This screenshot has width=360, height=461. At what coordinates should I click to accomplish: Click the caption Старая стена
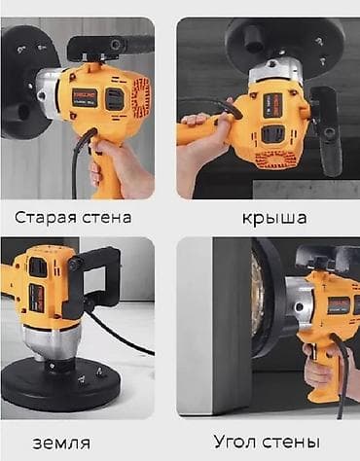coord(74,216)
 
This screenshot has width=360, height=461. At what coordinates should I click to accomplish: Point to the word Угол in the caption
coord(237,441)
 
